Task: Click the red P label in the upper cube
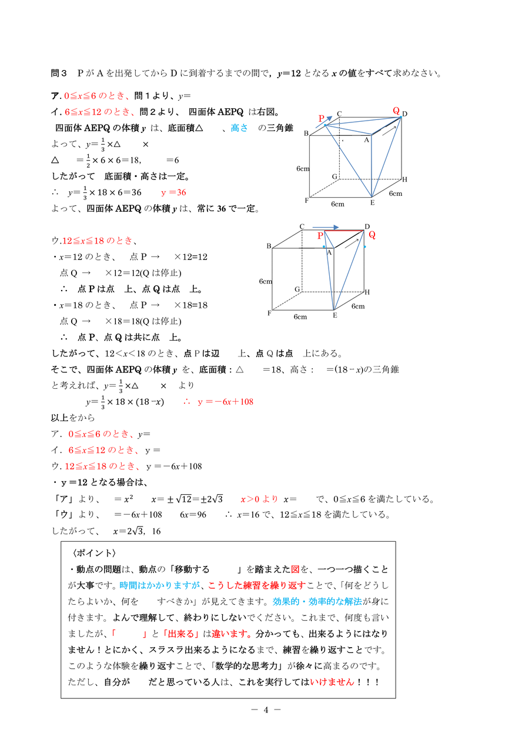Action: coord(322,119)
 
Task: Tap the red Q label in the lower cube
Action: coord(372,235)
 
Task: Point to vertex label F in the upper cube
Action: coord(307,201)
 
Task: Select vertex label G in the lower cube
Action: coord(297,289)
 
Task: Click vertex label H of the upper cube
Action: coord(404,179)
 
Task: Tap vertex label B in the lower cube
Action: coord(268,246)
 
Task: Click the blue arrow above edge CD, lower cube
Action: coord(326,226)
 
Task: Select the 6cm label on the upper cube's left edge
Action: coord(303,169)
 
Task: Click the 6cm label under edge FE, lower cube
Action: coord(300,316)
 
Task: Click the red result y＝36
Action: coord(173,192)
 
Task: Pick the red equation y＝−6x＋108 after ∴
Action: coord(225,401)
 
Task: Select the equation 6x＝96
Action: coord(193,515)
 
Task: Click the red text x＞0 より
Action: coord(259,499)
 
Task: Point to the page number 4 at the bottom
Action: coord(266,709)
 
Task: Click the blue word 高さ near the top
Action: coord(239,128)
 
